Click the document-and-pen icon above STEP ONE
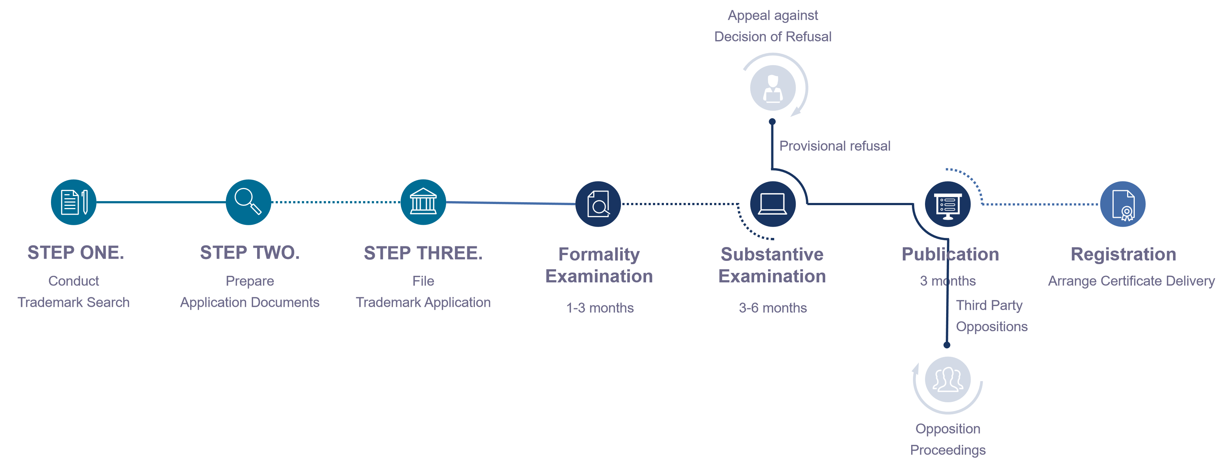tap(74, 202)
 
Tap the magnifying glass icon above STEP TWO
tap(248, 202)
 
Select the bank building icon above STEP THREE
tap(423, 202)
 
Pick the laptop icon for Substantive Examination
tap(772, 204)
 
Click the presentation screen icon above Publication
tap(948, 204)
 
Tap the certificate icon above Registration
tap(1123, 204)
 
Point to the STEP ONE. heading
tap(75, 253)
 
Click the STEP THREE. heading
tap(423, 253)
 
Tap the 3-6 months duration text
tap(773, 308)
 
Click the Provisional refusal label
tap(835, 146)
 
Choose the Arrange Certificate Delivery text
tap(1131, 281)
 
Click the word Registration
tap(1123, 254)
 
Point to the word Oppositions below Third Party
tap(992, 326)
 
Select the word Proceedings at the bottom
tap(948, 450)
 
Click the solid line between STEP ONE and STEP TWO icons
tap(161, 202)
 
